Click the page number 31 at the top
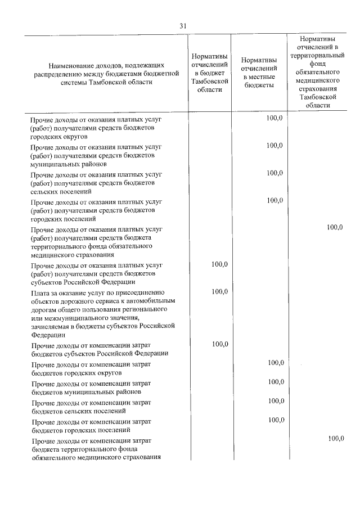[x=182, y=26]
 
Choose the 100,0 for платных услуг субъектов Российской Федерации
[x=219, y=264]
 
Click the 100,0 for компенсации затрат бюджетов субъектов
[x=219, y=344]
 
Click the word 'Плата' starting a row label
[x=41, y=292]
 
